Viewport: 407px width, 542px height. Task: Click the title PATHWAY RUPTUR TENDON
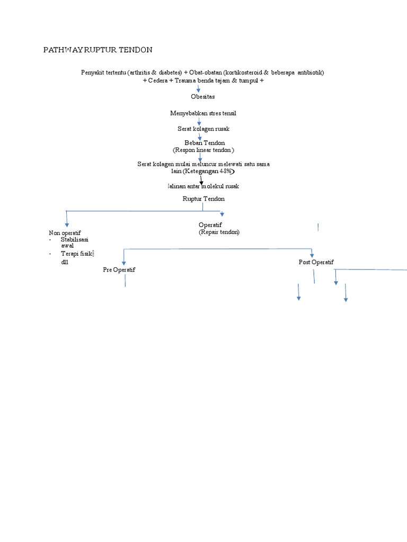coord(98,50)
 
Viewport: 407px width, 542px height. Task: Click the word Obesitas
coord(203,97)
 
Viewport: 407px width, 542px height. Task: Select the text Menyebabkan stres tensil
coord(203,113)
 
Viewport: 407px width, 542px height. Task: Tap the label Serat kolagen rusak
coord(203,129)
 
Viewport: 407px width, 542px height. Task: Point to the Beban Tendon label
coord(205,143)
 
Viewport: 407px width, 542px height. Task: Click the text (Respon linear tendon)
coord(203,150)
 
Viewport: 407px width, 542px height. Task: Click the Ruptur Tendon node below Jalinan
coord(203,198)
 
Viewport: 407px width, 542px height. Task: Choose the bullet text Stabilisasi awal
coord(74,242)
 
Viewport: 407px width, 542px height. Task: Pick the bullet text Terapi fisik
coord(76,254)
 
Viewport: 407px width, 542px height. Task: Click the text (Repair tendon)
coord(219,232)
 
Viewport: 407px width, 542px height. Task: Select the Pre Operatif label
coord(119,270)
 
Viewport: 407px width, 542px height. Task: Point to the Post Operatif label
coord(316,263)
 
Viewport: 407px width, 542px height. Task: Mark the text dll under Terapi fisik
coord(65,262)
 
